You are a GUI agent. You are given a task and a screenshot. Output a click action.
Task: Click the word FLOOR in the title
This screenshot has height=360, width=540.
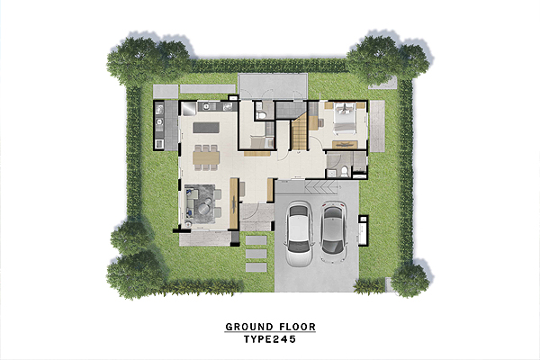click(x=298, y=327)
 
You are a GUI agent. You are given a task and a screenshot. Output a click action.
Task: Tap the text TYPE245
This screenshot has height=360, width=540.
click(x=270, y=339)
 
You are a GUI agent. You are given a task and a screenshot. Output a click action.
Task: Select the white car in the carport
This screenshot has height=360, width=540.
click(x=299, y=234)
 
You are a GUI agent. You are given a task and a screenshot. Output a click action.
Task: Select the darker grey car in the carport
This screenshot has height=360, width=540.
click(x=333, y=231)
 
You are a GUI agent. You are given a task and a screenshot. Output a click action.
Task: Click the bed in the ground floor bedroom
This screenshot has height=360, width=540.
click(x=345, y=118)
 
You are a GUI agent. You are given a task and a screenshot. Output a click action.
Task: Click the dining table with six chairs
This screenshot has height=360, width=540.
click(x=206, y=157)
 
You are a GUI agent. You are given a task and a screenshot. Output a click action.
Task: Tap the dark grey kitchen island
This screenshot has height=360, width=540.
click(x=205, y=128)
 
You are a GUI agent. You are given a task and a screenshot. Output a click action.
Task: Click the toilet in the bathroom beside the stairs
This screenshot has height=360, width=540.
click(x=261, y=114)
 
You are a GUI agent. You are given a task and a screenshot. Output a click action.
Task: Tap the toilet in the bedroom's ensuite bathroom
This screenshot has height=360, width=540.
click(x=345, y=171)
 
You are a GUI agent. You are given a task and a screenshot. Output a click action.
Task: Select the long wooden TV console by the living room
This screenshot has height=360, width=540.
click(x=234, y=203)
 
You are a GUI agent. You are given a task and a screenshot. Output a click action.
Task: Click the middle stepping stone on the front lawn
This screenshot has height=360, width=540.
click(x=256, y=254)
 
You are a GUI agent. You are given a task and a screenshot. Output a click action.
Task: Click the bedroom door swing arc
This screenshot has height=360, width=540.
click(x=316, y=142)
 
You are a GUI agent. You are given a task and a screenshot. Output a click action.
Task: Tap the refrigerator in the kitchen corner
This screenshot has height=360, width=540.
click(x=188, y=108)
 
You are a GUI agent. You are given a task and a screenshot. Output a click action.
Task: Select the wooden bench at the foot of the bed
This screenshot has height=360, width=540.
click(x=345, y=145)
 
